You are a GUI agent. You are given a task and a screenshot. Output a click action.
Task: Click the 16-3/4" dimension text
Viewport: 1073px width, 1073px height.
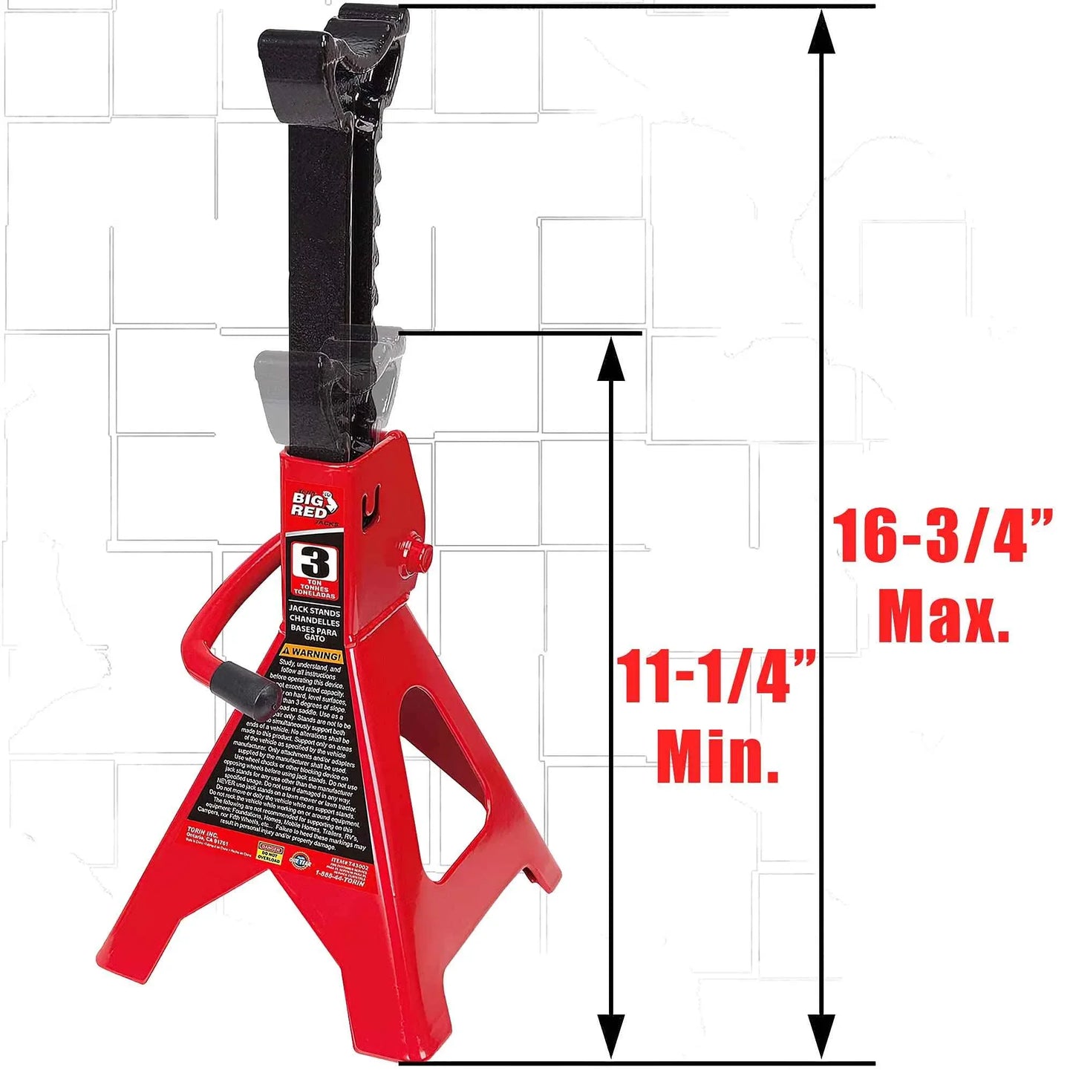tap(942, 536)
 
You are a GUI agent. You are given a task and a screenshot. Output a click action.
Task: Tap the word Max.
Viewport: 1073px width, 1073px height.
tap(943, 616)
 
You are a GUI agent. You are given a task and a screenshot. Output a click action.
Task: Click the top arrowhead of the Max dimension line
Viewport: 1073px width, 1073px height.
tap(821, 33)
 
